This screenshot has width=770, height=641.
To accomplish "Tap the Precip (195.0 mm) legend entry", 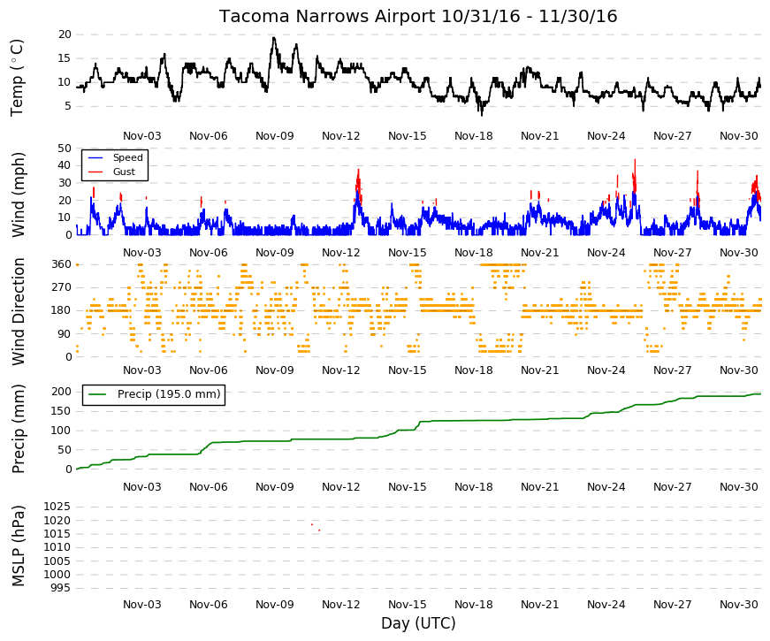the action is click(x=154, y=394).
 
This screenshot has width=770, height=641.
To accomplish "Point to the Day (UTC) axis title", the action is click(x=418, y=623).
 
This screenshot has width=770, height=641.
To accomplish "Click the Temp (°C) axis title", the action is click(x=17, y=78).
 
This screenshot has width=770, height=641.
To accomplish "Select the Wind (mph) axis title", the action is click(x=18, y=195).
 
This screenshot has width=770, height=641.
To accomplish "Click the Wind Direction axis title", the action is click(x=18, y=311).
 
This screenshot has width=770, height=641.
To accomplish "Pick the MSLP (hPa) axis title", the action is click(x=18, y=546).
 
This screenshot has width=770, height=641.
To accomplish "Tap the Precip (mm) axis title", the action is click(x=18, y=429).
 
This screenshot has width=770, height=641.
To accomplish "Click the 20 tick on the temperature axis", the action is click(x=65, y=34).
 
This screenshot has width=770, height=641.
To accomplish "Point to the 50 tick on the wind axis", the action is click(x=65, y=149).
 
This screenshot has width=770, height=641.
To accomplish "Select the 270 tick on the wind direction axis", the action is click(x=62, y=287).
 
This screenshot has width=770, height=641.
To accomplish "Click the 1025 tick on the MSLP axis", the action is click(x=57, y=507).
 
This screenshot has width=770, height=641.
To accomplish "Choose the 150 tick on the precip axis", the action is click(x=62, y=411).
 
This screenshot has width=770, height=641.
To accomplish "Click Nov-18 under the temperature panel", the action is click(x=473, y=136).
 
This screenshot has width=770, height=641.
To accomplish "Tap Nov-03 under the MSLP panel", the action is click(x=142, y=605).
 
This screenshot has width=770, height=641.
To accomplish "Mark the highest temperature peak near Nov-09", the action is click(x=273, y=38).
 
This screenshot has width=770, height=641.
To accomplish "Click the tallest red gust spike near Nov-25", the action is click(x=635, y=160).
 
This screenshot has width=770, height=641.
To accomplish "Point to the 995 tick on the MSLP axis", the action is click(x=61, y=588).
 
